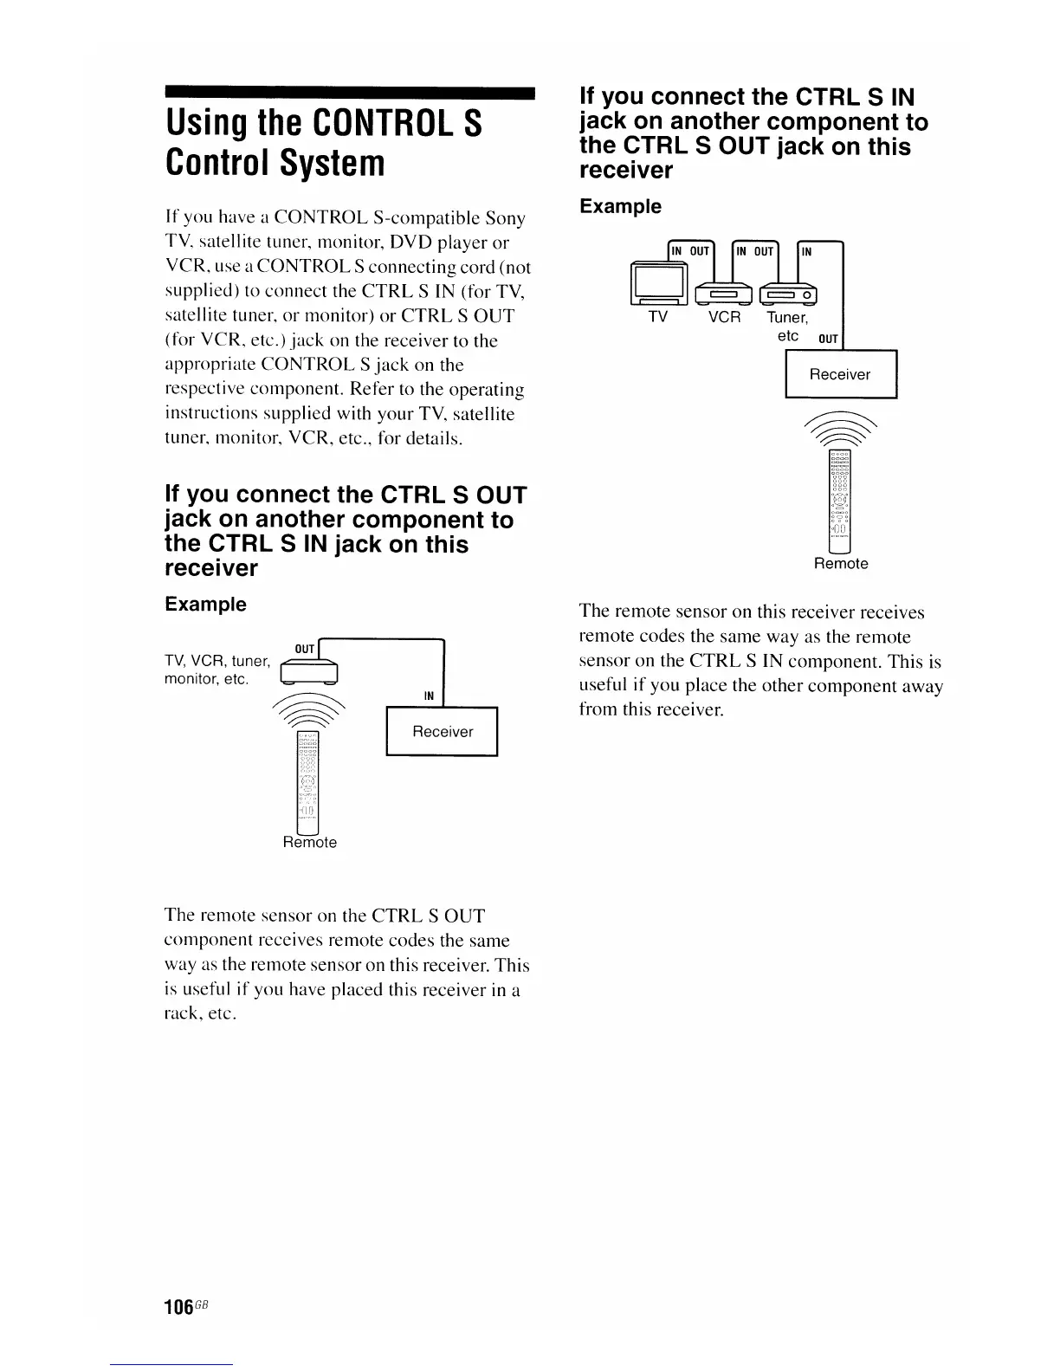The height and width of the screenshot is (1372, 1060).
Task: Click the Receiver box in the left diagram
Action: (x=442, y=732)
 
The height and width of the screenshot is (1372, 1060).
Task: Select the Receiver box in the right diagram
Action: (x=840, y=374)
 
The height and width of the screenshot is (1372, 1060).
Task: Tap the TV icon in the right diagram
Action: (x=659, y=282)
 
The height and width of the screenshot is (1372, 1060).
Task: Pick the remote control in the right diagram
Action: (x=840, y=501)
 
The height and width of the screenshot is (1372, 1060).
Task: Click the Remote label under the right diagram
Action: (x=840, y=564)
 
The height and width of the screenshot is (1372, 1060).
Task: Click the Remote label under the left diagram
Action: (x=309, y=843)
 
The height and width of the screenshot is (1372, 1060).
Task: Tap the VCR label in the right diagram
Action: (x=725, y=317)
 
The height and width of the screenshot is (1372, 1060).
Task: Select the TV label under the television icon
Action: (x=658, y=317)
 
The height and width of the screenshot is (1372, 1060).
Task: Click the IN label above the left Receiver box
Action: (x=429, y=696)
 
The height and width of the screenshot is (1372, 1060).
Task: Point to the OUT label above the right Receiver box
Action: (x=828, y=339)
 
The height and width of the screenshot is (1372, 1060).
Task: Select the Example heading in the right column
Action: (x=620, y=206)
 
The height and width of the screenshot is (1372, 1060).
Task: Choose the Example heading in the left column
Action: (x=205, y=604)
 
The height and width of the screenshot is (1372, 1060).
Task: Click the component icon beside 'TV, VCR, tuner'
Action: (x=308, y=671)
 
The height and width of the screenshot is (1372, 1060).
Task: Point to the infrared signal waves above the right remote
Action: (x=840, y=427)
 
